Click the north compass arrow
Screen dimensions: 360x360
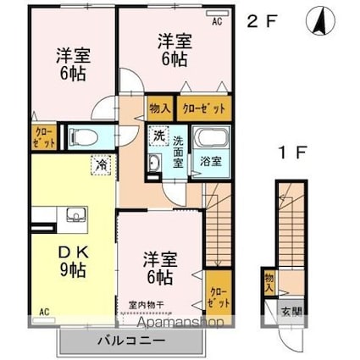321,21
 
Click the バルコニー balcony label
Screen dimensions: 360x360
131,342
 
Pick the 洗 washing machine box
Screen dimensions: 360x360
159,136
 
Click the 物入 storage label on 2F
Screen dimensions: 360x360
159,108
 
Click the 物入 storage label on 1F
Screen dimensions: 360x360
269,281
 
